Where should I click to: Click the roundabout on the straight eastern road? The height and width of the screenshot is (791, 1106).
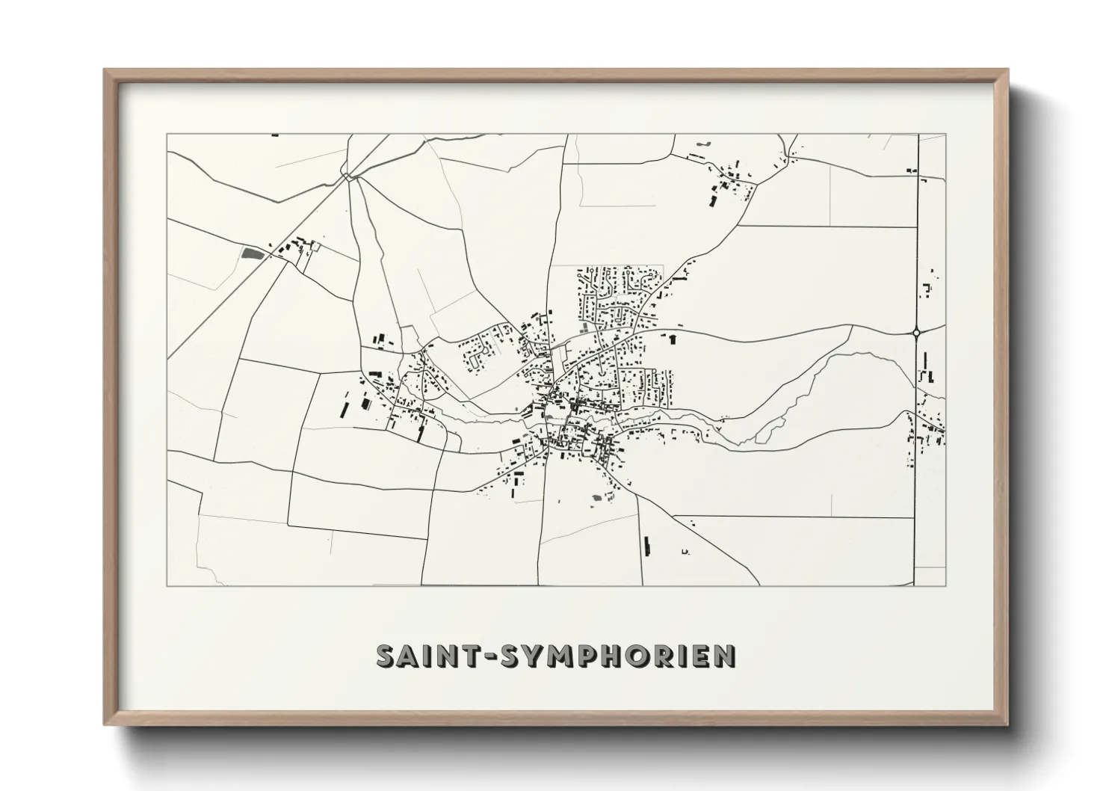916,333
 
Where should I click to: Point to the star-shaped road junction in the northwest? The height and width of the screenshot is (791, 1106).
348,176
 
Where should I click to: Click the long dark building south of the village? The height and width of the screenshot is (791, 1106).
646,547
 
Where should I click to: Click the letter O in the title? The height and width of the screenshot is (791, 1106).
646,655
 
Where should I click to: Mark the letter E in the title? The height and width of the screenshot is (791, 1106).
705,655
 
